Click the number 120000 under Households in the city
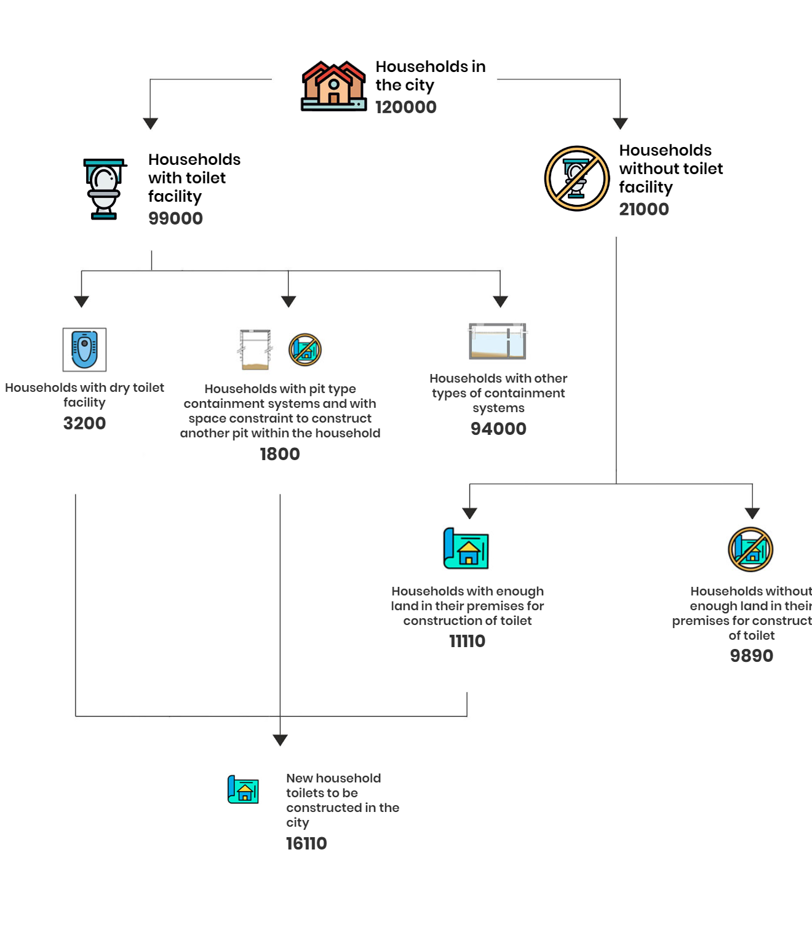pyautogui.click(x=405, y=108)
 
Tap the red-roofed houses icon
pyautogui.click(x=333, y=86)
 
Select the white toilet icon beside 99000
pyautogui.click(x=105, y=189)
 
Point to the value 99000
pyautogui.click(x=175, y=218)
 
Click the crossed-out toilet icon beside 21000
pyautogui.click(x=576, y=178)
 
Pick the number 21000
pyautogui.click(x=644, y=209)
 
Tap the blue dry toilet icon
pyautogui.click(x=84, y=349)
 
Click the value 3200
pyautogui.click(x=84, y=423)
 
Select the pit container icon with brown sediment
pyautogui.click(x=255, y=349)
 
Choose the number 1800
pyautogui.click(x=279, y=454)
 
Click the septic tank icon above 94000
pyautogui.click(x=498, y=341)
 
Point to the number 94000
pyautogui.click(x=498, y=429)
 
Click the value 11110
pyautogui.click(x=467, y=641)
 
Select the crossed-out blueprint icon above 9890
pyautogui.click(x=750, y=549)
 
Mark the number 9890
pyautogui.click(x=751, y=656)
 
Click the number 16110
pyautogui.click(x=306, y=843)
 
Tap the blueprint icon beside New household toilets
pyautogui.click(x=243, y=789)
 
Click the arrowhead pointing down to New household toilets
pyautogui.click(x=280, y=740)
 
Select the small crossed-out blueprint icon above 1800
pyautogui.click(x=305, y=349)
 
